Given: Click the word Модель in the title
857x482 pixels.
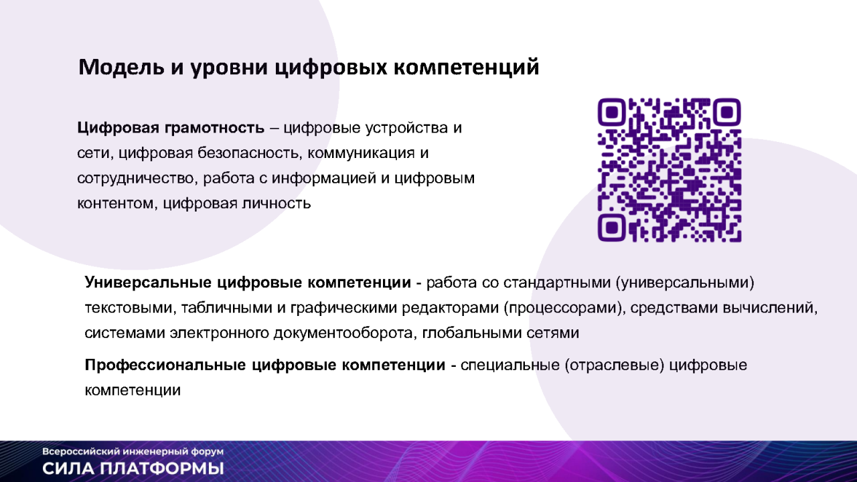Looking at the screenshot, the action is point(121,67).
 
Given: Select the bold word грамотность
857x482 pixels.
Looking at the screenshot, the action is point(214,128).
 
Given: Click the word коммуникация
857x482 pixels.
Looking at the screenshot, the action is point(361,153).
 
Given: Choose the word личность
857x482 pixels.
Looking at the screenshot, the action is point(276,203).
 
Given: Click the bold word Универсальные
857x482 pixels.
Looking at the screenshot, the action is point(148,283).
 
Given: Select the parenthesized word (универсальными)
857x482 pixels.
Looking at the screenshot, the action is point(685,283).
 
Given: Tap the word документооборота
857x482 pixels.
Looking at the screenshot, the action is point(342,333).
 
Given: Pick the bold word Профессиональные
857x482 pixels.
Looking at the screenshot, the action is point(165,366).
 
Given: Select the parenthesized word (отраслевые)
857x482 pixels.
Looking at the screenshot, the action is point(614,366).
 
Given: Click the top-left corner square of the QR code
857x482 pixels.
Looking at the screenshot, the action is point(612,112).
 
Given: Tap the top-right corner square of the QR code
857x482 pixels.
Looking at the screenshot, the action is point(727,112).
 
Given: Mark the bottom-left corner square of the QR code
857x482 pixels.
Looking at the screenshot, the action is point(612,228).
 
